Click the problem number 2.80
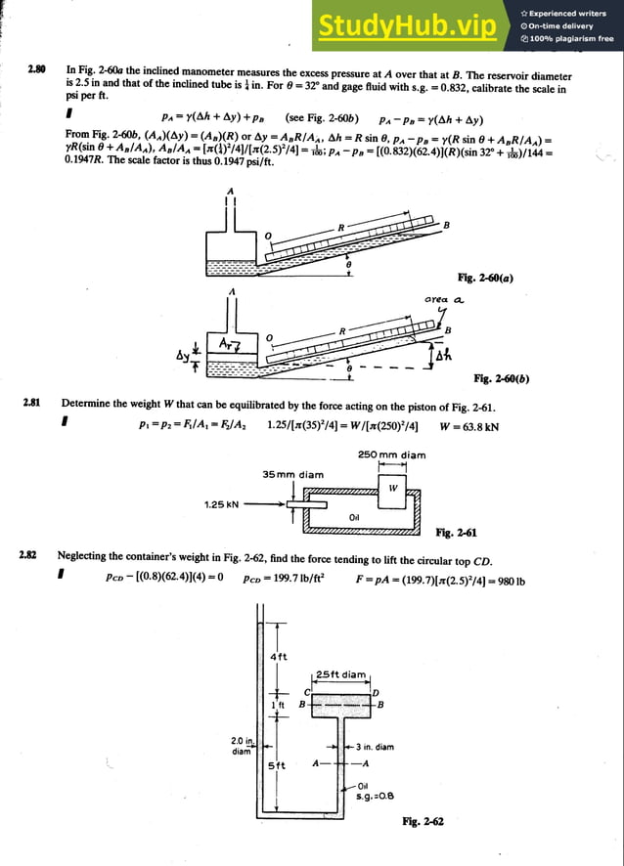coord(37,71)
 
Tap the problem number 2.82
coord(27,556)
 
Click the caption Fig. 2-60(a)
coord(485,278)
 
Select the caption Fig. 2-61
coord(456,533)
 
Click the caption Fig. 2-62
coord(423,822)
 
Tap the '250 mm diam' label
coord(392,455)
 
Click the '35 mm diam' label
coord(292,475)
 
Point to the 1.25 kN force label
coord(221,505)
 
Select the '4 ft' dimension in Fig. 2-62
coord(278,656)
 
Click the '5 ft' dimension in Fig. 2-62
coord(278,765)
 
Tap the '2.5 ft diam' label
coord(341,674)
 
